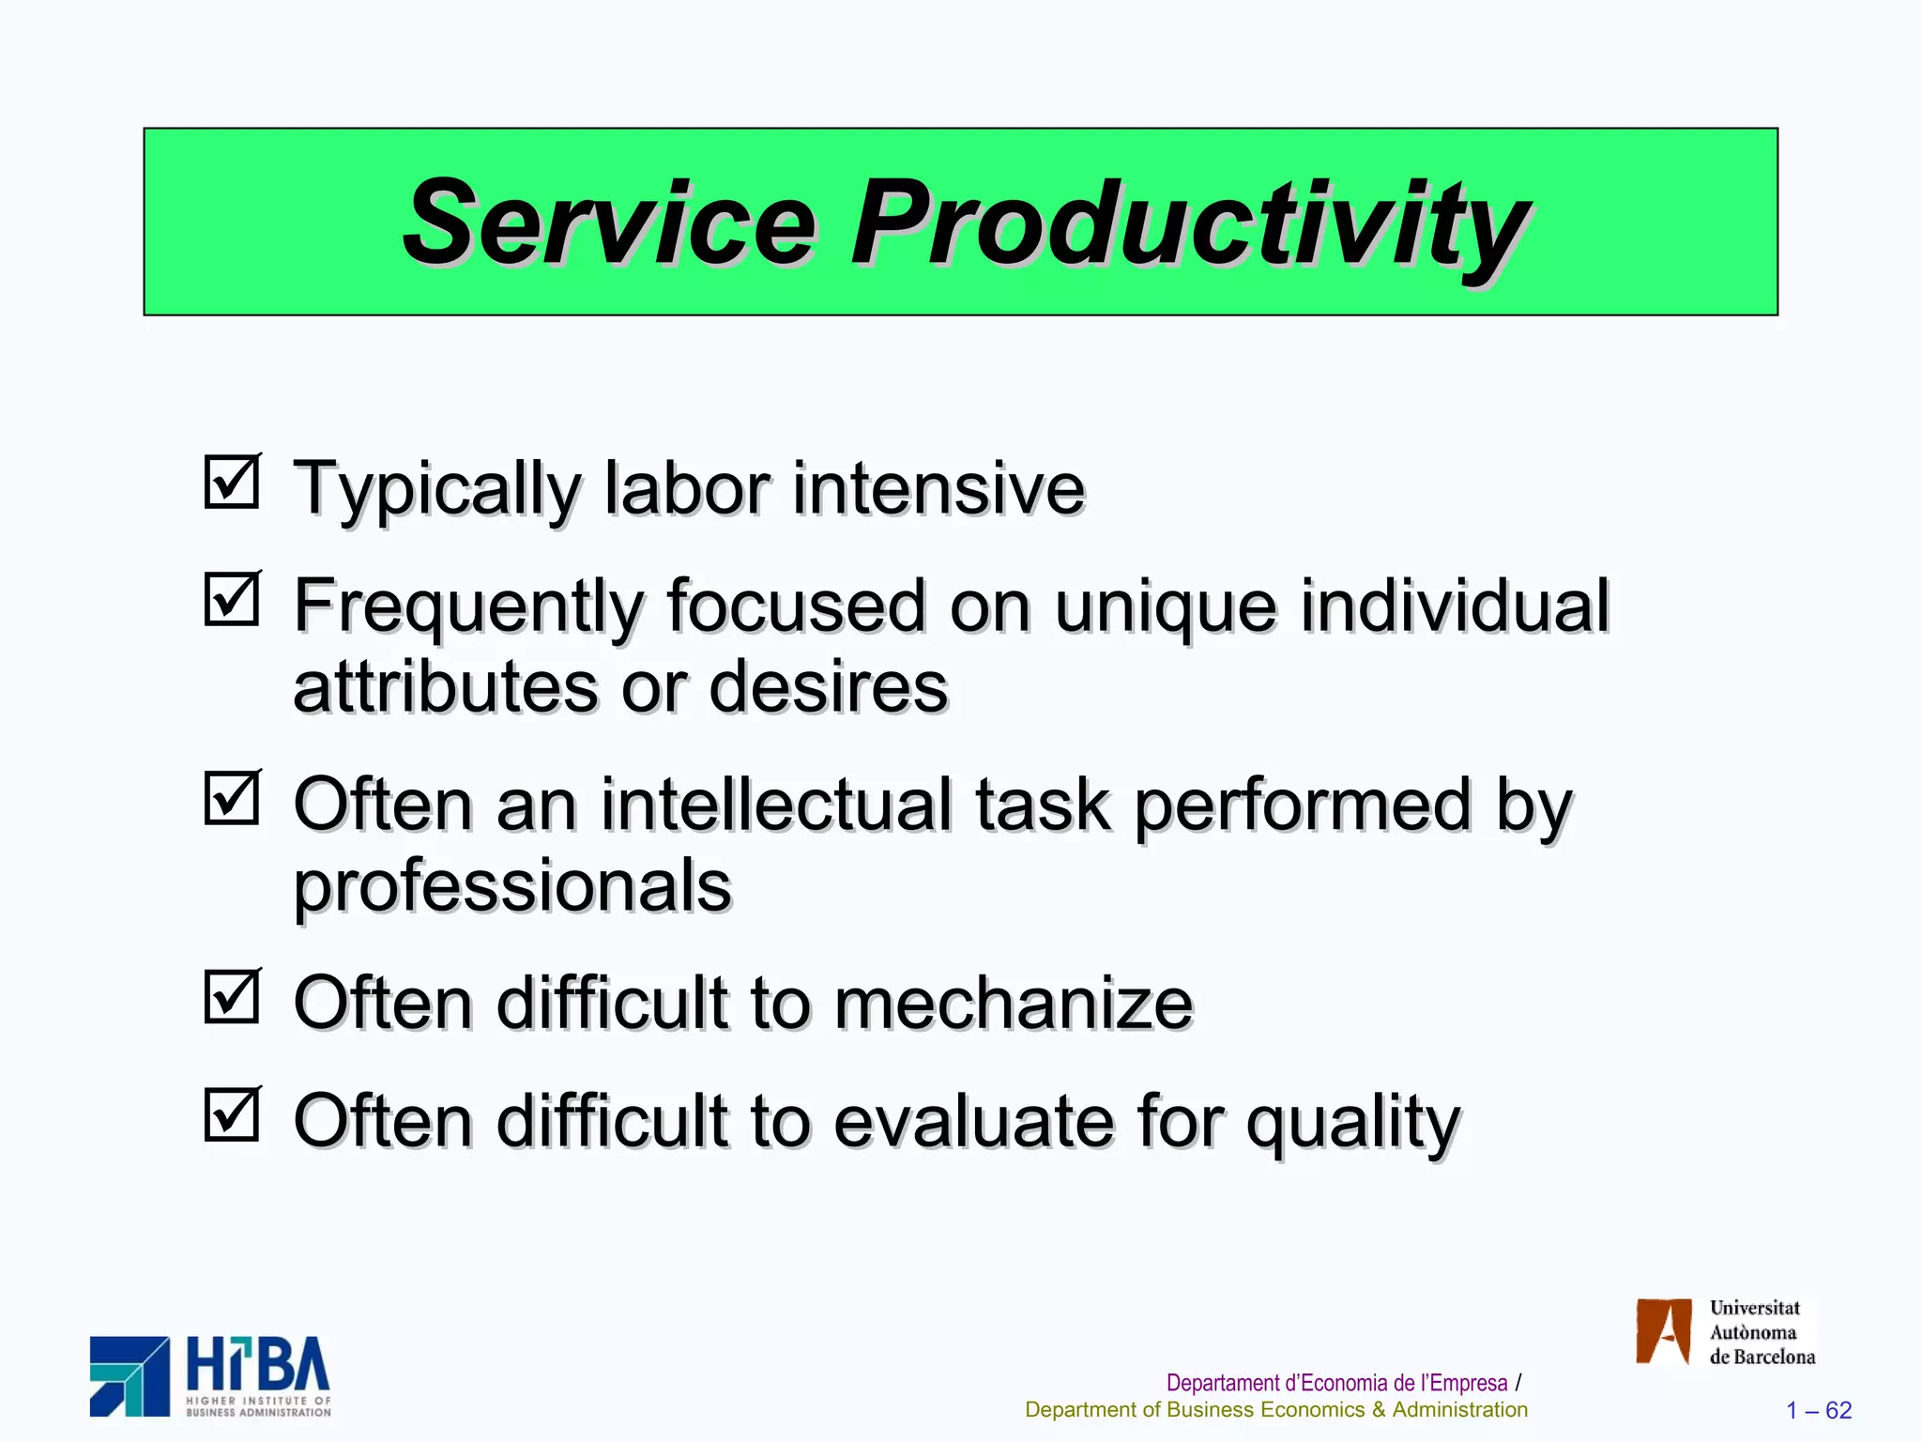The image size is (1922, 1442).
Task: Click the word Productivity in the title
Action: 1190,225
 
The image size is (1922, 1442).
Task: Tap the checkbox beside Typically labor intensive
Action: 231,482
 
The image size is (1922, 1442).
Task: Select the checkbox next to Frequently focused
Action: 231,599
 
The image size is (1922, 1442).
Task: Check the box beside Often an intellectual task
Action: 231,798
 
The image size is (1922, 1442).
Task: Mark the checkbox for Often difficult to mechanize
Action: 231,996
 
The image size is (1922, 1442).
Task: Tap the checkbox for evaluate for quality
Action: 231,1113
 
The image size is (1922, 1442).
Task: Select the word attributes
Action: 445,687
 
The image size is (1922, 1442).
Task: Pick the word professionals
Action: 512,887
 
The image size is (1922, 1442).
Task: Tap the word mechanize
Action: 1013,1003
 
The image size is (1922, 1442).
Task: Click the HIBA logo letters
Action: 258,1365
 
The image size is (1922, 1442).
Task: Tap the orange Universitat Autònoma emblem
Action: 1663,1330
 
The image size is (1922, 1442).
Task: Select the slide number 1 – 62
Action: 1819,1410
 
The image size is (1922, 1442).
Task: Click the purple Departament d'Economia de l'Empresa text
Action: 1336,1383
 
